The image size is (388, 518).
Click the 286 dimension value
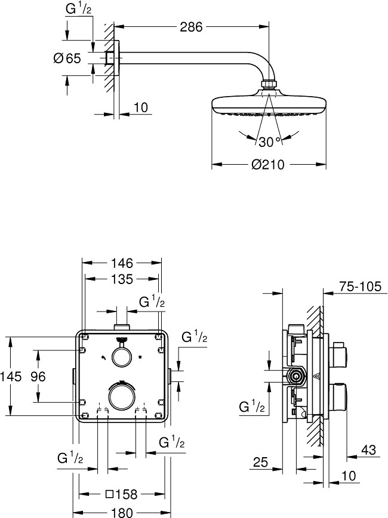coord(190,27)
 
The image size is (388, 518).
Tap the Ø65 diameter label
coord(67,58)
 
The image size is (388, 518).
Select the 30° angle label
coord(269,141)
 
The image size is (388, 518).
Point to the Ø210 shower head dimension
coord(267,164)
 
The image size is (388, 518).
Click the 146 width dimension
coord(122,263)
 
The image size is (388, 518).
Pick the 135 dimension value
coord(122,279)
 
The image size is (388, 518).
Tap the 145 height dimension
coord(11,377)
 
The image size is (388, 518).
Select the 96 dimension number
coord(38,377)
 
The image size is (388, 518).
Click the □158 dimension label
coord(121,495)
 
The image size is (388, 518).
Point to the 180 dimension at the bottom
coord(122,512)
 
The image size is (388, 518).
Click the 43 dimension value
coord(368,449)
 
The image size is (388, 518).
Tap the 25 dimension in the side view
coord(260,462)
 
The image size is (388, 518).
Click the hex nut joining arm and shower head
coord(269,85)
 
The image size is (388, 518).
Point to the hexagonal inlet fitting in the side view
coord(297,376)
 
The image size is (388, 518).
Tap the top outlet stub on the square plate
coord(122,327)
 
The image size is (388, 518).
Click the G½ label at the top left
coord(78,8)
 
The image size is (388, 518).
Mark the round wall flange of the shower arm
coord(116,58)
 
